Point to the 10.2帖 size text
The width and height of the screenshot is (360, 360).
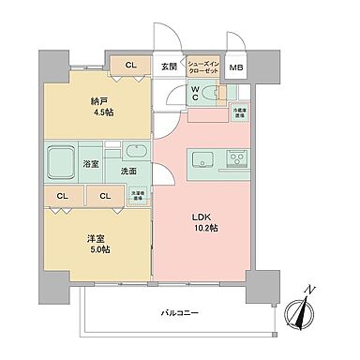(206, 226)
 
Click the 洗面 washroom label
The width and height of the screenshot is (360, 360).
(129, 171)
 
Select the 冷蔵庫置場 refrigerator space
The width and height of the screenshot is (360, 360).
(239, 112)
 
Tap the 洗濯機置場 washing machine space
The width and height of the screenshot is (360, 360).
(137, 197)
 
